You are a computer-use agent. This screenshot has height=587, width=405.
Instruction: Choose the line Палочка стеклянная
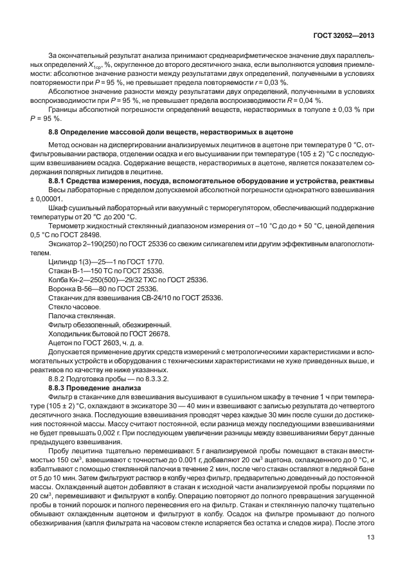[x=82, y=316]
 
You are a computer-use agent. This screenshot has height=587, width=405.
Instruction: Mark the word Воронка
[x=64, y=289]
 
